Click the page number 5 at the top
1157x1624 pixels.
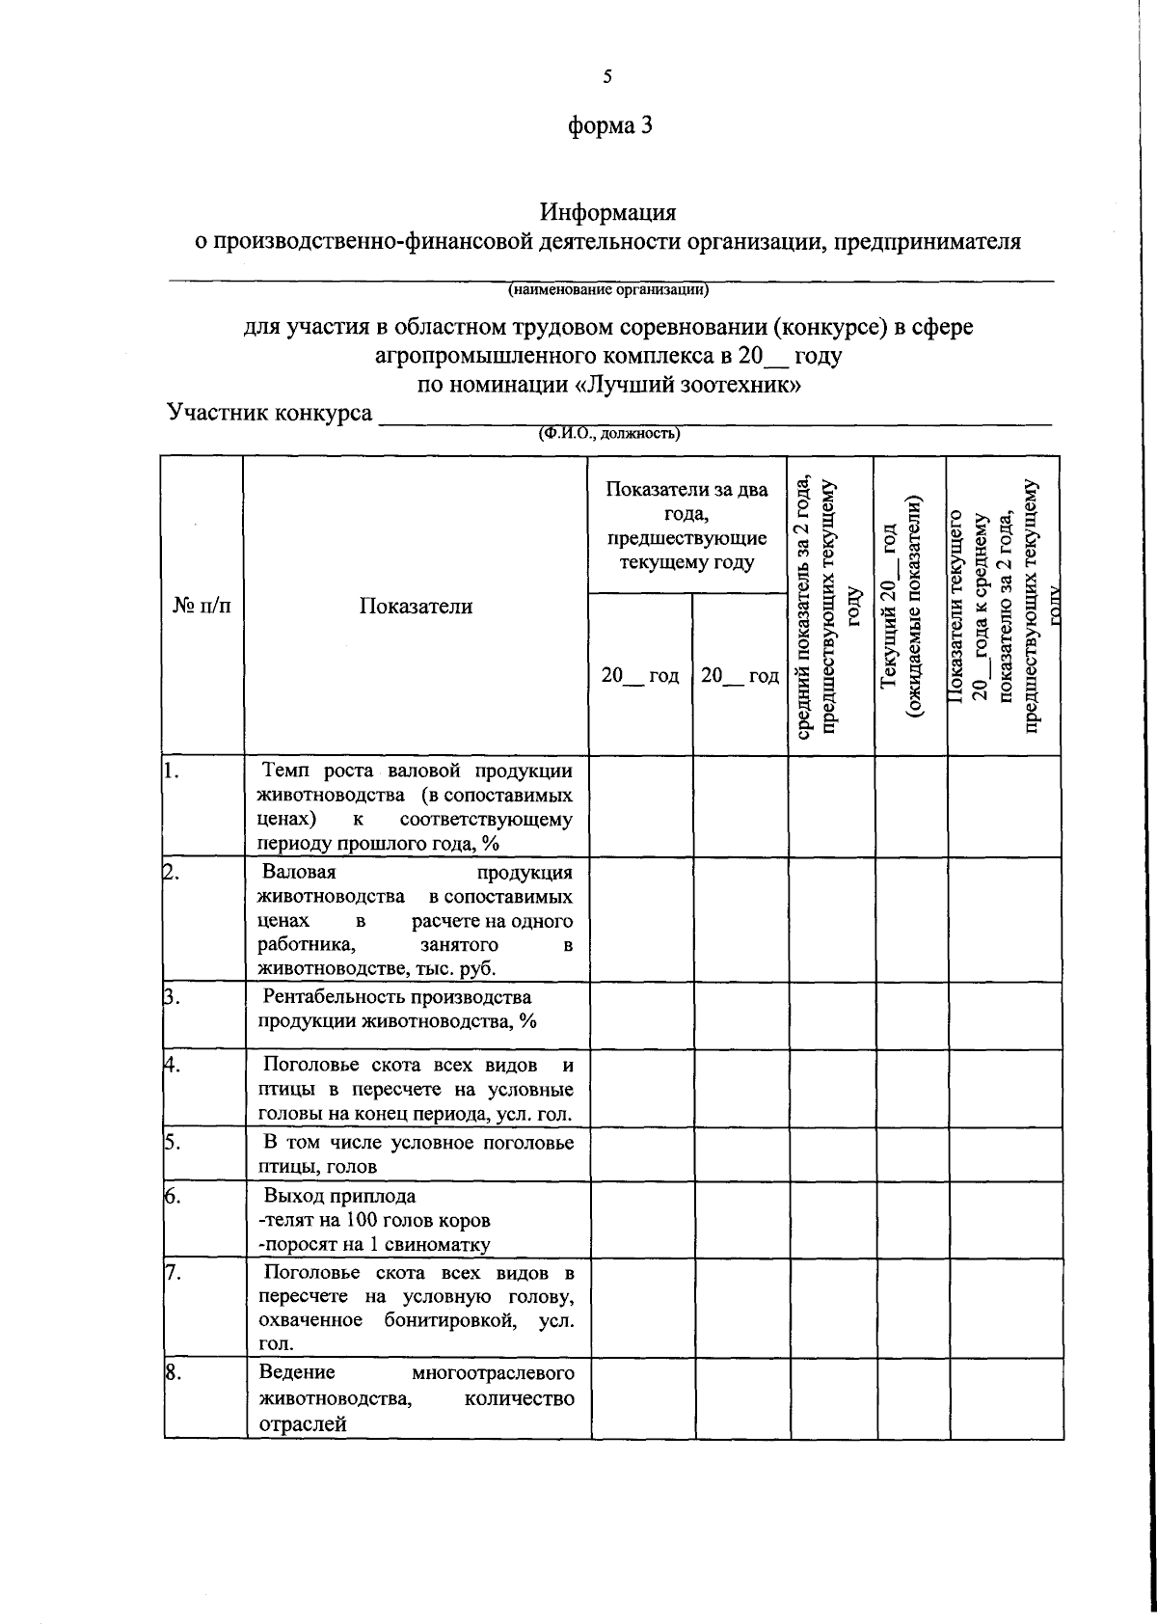(x=608, y=77)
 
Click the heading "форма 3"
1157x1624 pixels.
(x=608, y=125)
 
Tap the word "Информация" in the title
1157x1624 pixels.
(x=608, y=211)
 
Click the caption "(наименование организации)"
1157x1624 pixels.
(x=608, y=288)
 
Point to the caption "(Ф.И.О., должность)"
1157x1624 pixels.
(x=609, y=433)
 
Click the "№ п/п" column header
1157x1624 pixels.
(x=202, y=606)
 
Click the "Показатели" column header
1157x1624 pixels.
(x=417, y=606)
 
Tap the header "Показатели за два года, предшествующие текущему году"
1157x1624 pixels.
(x=687, y=526)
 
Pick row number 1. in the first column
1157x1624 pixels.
(x=173, y=771)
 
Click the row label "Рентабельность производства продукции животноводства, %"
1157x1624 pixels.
(x=397, y=1009)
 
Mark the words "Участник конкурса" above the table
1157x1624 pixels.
(x=270, y=414)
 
